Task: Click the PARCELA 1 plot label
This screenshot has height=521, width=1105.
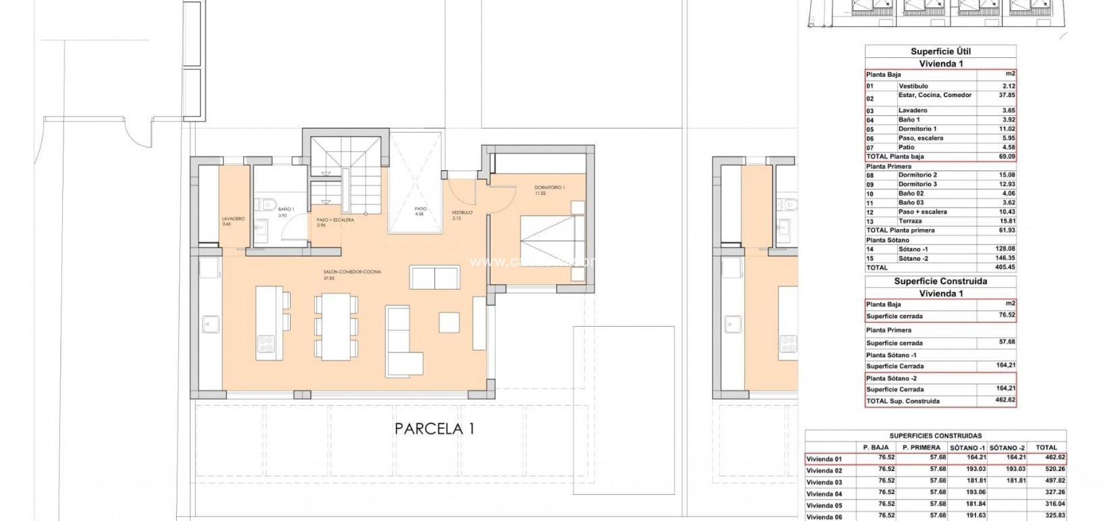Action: click(434, 429)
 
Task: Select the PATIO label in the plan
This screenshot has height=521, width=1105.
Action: click(420, 209)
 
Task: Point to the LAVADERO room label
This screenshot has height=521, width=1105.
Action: click(233, 219)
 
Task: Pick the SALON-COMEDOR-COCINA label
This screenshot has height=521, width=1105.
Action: click(351, 272)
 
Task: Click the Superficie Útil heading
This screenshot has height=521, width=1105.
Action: click(940, 51)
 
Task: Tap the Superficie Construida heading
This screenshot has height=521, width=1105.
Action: click(940, 281)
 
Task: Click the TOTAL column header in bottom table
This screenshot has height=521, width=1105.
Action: click(1046, 448)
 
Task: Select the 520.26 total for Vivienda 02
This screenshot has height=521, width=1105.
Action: click(1046, 470)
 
